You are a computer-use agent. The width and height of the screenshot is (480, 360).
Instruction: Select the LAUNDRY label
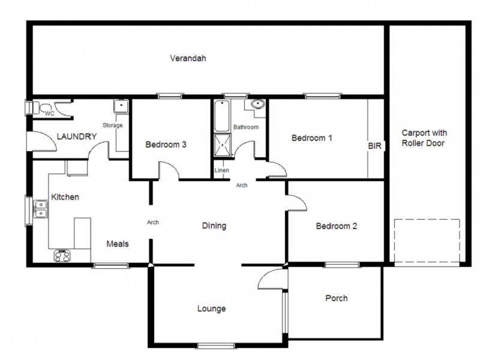click(76, 137)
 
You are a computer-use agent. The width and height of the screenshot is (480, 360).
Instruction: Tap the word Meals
click(118, 244)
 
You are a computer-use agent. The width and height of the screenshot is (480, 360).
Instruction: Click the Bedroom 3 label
click(166, 145)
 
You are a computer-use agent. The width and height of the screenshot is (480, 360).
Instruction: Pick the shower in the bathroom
click(222, 144)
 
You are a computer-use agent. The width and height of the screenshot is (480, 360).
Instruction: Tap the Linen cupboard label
click(221, 170)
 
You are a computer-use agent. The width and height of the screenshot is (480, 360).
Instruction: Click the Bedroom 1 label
click(311, 138)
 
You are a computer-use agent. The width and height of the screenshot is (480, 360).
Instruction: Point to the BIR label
click(375, 146)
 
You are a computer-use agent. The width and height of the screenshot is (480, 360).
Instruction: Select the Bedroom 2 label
click(337, 226)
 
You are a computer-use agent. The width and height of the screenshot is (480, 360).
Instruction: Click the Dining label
click(214, 226)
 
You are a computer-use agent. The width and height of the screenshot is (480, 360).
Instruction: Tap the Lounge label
click(212, 309)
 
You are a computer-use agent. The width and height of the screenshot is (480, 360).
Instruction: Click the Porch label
click(337, 298)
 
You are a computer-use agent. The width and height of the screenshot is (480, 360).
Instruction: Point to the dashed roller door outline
click(426, 241)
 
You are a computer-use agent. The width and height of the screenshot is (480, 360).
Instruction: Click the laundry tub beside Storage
click(121, 107)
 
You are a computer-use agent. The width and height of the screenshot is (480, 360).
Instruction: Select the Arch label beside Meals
click(153, 223)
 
